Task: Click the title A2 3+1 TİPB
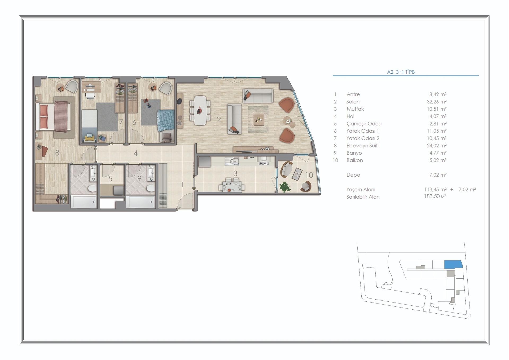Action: [x=401, y=72]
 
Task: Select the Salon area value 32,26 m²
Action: [x=436, y=102]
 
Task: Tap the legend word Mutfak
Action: [x=355, y=109]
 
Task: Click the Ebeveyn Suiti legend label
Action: [x=362, y=146]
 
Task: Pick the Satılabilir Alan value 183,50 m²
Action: [x=435, y=196]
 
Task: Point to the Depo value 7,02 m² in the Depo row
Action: [x=438, y=175]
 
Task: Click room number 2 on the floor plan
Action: [x=219, y=120]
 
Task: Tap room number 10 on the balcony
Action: [x=309, y=175]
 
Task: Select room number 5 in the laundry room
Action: [x=110, y=179]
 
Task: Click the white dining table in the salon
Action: [x=200, y=110]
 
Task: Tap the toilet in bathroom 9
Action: [x=150, y=188]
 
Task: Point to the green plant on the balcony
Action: [x=285, y=187]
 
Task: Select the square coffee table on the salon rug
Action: [x=258, y=119]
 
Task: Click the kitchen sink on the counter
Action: [x=232, y=161]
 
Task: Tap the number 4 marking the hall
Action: [x=135, y=153]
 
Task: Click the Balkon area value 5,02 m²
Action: [x=438, y=160]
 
